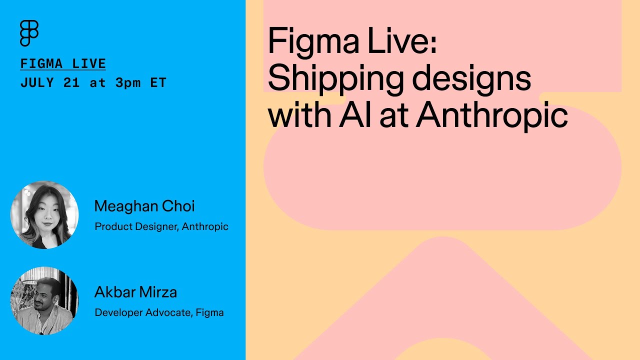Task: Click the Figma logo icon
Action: (x=29, y=33)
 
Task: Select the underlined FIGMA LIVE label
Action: (x=63, y=64)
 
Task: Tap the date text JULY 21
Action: (x=50, y=83)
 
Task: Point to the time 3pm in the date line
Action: (x=128, y=83)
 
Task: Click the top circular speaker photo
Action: (x=44, y=215)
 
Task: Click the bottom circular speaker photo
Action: (x=44, y=300)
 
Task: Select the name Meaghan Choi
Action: (x=144, y=206)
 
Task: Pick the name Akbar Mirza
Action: (x=135, y=292)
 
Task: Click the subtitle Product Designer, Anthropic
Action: (x=161, y=226)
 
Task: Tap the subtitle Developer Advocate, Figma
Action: (x=159, y=313)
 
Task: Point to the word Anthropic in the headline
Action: (x=491, y=115)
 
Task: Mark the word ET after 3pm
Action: (x=158, y=83)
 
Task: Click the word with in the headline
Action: (x=299, y=115)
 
